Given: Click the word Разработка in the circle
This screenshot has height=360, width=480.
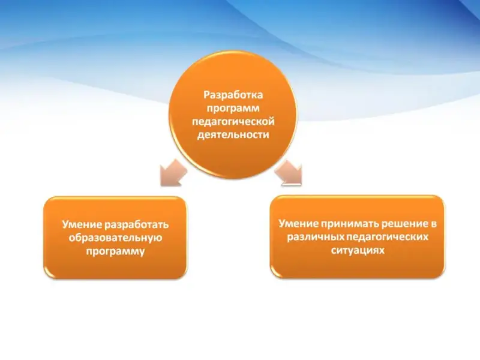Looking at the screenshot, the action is click(233, 95).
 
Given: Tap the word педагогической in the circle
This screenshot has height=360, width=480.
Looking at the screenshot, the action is click(233, 122).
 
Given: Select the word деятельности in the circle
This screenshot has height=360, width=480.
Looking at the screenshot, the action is click(233, 134).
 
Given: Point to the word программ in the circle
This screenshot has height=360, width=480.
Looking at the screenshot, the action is click(233, 109).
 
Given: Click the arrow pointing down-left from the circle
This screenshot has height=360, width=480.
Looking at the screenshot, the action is click(173, 173).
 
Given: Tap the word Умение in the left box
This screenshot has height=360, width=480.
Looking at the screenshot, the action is click(82, 224).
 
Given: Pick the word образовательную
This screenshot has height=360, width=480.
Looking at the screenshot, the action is click(115, 238).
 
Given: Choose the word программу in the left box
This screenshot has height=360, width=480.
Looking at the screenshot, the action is click(115, 251).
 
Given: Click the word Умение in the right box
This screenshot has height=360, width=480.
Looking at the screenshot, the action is click(298, 223).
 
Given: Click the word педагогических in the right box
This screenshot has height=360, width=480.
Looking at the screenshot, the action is click(387, 237).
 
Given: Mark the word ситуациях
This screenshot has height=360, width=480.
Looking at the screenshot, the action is click(358, 251).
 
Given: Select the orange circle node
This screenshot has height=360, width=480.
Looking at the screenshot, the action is click(233, 115).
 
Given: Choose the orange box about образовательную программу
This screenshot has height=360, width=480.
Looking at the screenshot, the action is click(115, 238).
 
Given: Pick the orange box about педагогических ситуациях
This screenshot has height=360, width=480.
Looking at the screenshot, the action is click(358, 237).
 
